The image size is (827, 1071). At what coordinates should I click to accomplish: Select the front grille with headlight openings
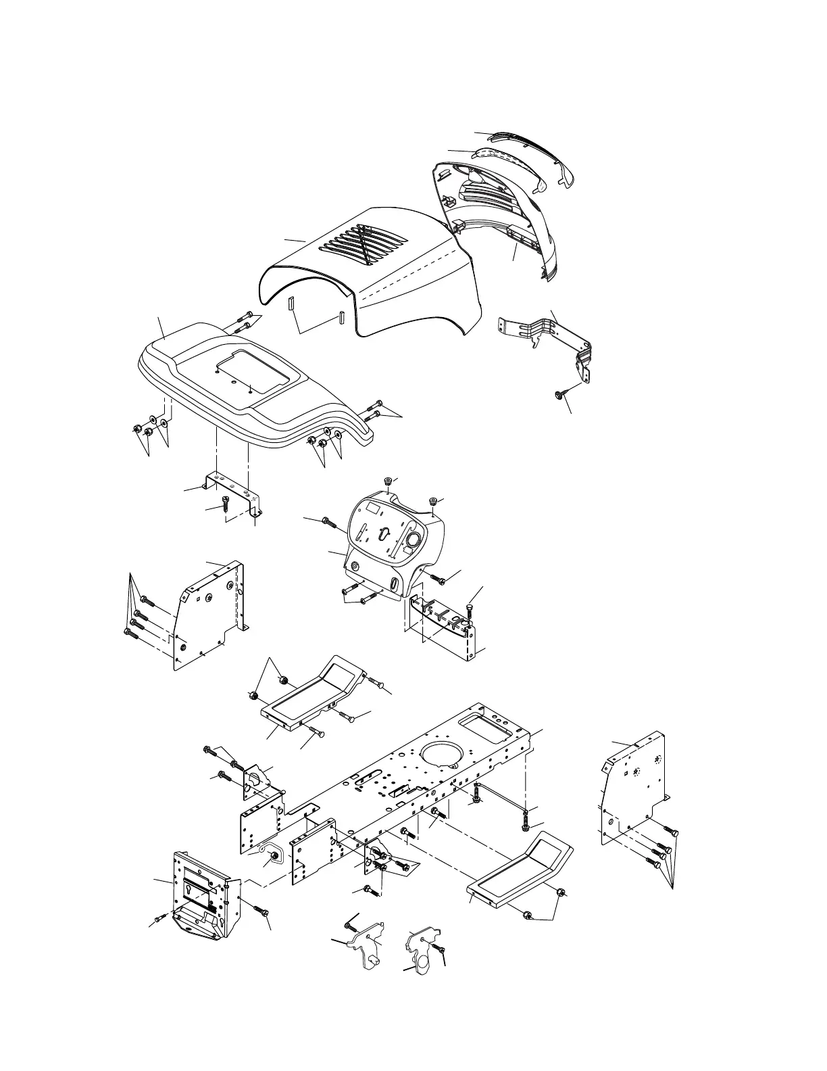tap(500, 216)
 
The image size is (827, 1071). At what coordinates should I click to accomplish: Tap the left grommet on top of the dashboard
tap(388, 481)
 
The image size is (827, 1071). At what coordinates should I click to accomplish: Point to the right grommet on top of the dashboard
tap(431, 501)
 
